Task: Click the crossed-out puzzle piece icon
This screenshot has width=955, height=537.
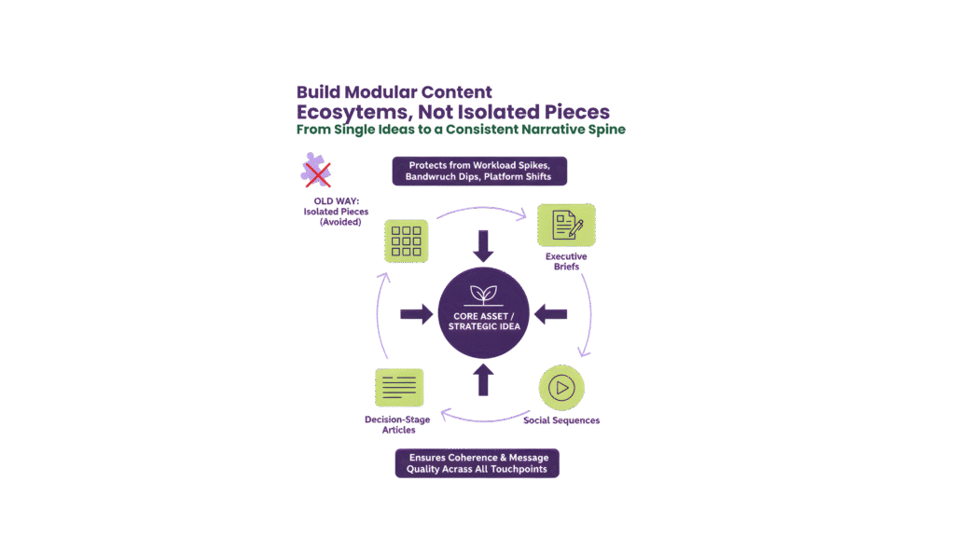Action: coord(316,172)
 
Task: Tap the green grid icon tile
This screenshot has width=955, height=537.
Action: coord(406,241)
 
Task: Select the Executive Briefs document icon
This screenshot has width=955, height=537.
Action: coord(566,225)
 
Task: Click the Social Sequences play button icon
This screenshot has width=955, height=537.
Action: coord(561,387)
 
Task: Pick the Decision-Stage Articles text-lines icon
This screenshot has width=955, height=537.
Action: coord(399,388)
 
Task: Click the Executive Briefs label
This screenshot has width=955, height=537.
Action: coord(566,260)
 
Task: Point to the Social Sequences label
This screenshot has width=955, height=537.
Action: coord(561,420)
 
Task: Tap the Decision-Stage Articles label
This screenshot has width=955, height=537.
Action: coord(397,424)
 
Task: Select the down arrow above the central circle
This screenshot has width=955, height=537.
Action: coord(483,246)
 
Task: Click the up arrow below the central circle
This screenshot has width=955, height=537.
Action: coord(483,379)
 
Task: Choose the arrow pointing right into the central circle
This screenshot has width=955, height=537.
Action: coord(416,314)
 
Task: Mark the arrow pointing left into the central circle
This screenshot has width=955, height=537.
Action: coord(550,314)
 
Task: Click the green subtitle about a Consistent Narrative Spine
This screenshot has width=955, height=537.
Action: coord(461,130)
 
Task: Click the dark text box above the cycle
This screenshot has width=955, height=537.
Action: coord(479,171)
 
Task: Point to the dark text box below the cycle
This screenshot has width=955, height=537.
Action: coord(477,463)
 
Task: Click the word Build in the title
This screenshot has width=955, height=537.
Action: coord(317,92)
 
